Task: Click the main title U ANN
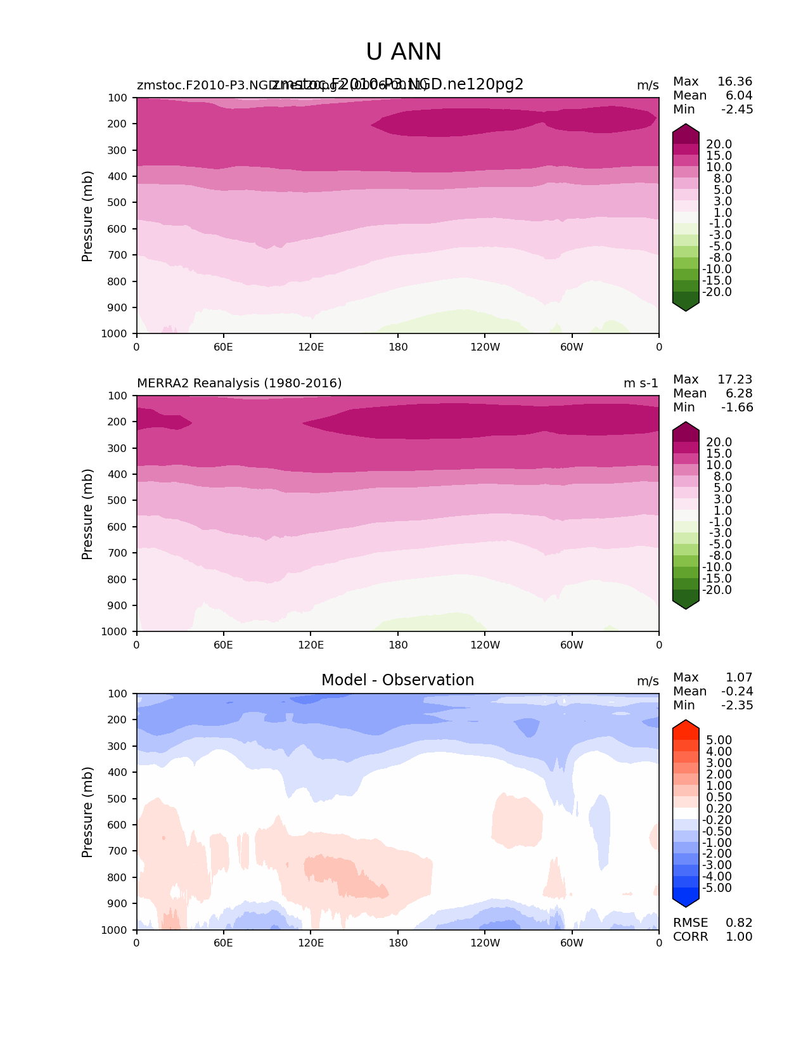404,52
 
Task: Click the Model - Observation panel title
397,680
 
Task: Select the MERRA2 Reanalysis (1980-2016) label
239,383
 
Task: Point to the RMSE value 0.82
739,922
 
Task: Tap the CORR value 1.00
739,936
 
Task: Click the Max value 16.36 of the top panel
734,81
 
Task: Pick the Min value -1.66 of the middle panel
737,407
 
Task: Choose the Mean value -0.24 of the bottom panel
737,691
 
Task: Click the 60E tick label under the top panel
223,347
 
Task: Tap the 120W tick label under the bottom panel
485,943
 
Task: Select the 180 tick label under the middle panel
398,645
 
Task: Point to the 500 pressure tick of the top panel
119,202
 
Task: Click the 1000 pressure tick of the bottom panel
117,930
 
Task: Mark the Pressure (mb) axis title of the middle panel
87,513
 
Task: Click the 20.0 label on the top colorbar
719,145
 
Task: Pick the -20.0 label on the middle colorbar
717,590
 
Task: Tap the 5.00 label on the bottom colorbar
719,740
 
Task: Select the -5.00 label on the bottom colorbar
717,888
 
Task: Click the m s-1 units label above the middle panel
641,383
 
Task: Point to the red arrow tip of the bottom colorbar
686,723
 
